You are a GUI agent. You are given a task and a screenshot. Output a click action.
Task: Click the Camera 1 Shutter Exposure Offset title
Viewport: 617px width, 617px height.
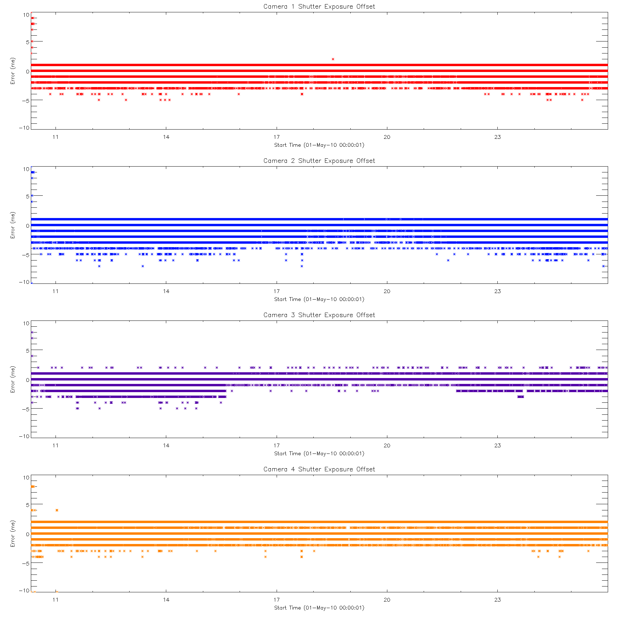[x=319, y=7]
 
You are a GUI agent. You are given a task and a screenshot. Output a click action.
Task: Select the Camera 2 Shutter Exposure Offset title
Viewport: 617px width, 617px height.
[x=319, y=161]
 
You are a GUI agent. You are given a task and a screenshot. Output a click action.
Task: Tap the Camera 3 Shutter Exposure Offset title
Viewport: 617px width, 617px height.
[x=319, y=315]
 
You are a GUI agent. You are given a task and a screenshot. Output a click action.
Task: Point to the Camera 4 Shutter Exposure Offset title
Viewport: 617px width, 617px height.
[x=319, y=469]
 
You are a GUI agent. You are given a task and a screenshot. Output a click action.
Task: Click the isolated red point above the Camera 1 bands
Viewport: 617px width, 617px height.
[x=333, y=59]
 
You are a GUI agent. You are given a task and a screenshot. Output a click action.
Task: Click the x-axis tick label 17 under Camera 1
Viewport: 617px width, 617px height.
[x=276, y=137]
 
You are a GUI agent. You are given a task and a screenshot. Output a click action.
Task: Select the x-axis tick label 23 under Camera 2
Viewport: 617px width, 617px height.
[x=497, y=291]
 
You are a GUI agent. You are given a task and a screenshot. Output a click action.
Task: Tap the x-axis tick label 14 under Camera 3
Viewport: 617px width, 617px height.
[x=166, y=446]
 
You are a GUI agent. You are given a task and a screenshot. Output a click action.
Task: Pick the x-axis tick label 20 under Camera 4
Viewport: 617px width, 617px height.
[x=387, y=600]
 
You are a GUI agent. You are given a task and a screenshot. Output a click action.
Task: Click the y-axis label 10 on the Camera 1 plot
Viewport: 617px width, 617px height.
[x=26, y=15]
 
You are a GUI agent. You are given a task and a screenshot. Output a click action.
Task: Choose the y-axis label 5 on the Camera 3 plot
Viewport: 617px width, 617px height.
[x=27, y=351]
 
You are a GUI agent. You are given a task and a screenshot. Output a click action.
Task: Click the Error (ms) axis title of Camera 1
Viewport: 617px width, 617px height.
[x=13, y=71]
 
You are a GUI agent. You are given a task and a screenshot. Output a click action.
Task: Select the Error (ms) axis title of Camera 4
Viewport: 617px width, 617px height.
[x=13, y=534]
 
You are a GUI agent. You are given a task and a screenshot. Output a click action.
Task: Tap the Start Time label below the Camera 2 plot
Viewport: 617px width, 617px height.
[x=319, y=299]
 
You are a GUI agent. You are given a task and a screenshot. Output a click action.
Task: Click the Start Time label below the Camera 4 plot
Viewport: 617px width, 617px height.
[x=319, y=608]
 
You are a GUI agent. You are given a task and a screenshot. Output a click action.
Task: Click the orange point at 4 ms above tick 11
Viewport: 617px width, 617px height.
[x=57, y=510]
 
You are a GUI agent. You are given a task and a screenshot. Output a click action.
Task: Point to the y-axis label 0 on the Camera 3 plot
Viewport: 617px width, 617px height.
[x=27, y=380]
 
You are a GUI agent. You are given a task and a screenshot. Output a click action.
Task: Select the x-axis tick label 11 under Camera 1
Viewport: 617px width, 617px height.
[x=56, y=137]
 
